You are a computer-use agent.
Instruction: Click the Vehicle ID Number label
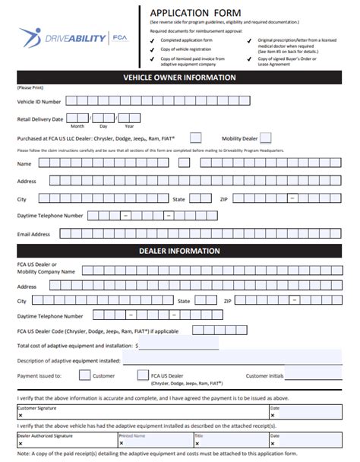pos(40,101)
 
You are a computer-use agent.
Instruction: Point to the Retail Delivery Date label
pos(40,119)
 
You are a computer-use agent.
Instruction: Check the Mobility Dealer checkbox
pos(265,138)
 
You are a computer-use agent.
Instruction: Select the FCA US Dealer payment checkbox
pos(142,375)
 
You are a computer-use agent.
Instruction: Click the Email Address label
pos(33,234)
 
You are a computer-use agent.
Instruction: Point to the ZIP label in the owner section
pos(224,198)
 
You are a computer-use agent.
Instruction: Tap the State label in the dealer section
pos(184,301)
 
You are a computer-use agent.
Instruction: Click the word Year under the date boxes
pos(129,126)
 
